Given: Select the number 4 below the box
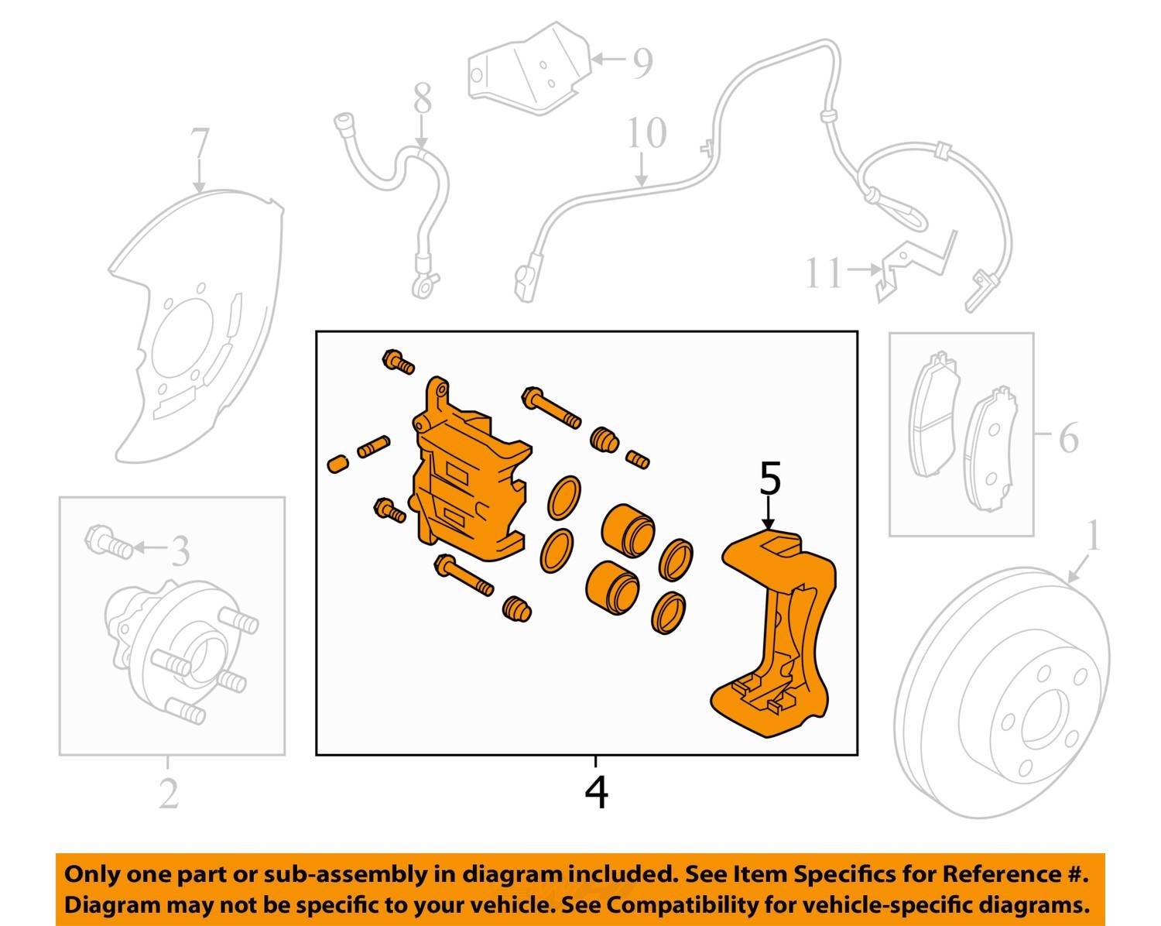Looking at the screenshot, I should point(596,791).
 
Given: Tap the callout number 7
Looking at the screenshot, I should point(199,145).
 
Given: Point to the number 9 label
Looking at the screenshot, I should point(642,63).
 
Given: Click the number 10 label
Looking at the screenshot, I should point(646,133).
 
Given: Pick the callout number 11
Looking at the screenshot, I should point(823,273).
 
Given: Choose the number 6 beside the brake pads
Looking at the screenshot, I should point(1068,439).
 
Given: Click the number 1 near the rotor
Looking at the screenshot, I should point(1093,536).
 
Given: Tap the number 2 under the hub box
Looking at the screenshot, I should point(169,793).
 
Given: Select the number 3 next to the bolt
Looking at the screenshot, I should point(180,551).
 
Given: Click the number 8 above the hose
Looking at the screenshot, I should point(422,99).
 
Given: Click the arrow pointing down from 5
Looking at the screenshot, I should point(768,513).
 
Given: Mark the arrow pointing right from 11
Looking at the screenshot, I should point(863,269).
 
